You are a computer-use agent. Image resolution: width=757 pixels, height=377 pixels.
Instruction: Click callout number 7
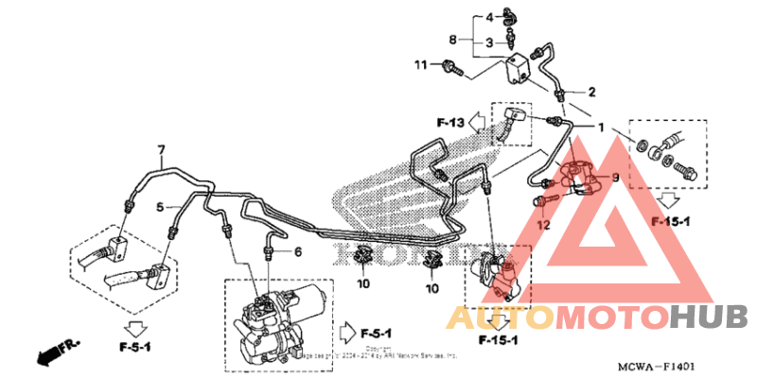coord(161,150)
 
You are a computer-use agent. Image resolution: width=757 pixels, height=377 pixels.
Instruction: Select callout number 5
coord(161,206)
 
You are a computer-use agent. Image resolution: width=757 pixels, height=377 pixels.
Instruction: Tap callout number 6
coord(296,251)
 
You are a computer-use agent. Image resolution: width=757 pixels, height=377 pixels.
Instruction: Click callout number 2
coord(592,92)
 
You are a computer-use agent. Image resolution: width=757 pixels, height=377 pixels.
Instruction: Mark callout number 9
coord(613,177)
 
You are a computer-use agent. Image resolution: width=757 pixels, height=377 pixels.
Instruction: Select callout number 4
coord(491,17)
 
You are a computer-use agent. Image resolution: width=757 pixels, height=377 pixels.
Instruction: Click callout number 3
coord(491,43)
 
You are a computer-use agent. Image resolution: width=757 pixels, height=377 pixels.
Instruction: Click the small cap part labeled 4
coord(512,16)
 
